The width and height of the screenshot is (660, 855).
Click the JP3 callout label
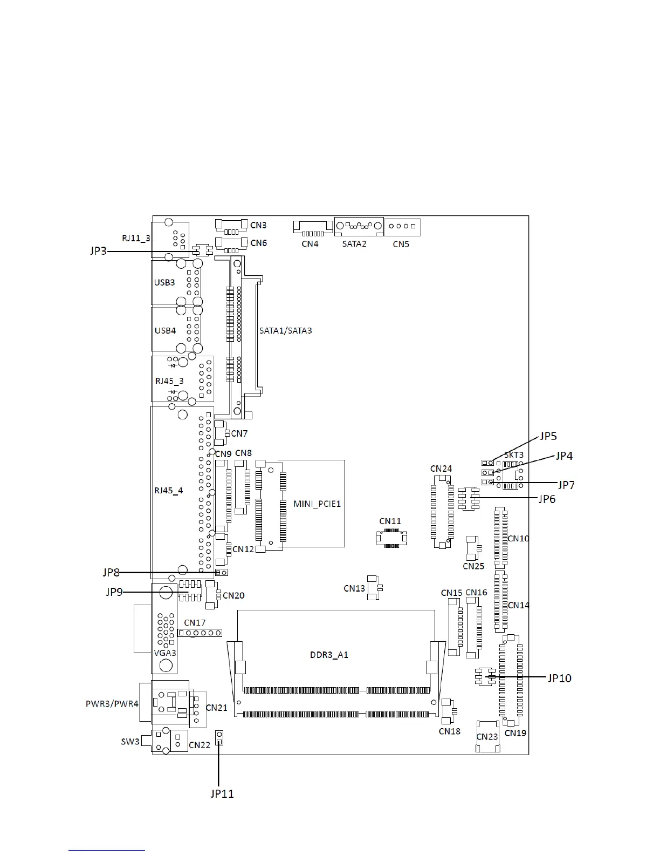pos(98,250)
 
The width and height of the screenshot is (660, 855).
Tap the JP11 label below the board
pos(222,793)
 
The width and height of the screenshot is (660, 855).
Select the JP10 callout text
pos(559,678)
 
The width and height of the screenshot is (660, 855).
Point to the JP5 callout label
pos(548,436)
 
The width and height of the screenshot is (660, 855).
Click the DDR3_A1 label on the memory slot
pos(329,655)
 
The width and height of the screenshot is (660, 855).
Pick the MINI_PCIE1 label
pos(317,504)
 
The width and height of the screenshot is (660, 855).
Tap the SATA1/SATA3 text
pos(285,330)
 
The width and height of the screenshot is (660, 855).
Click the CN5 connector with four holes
pos(402,227)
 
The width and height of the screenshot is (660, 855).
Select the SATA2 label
pos(354,244)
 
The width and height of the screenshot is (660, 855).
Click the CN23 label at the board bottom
pos(487,737)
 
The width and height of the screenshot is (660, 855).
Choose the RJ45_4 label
pos(169,490)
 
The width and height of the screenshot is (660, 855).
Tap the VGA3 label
pos(165,653)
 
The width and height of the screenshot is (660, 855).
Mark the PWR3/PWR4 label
pos(112,704)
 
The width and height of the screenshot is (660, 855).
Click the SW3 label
pos(130,742)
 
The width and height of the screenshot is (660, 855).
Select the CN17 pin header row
pos(200,633)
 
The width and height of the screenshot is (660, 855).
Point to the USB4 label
pos(165,330)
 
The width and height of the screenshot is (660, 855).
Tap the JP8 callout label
pos(111,572)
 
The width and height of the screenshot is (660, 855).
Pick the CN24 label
pos(441,469)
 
